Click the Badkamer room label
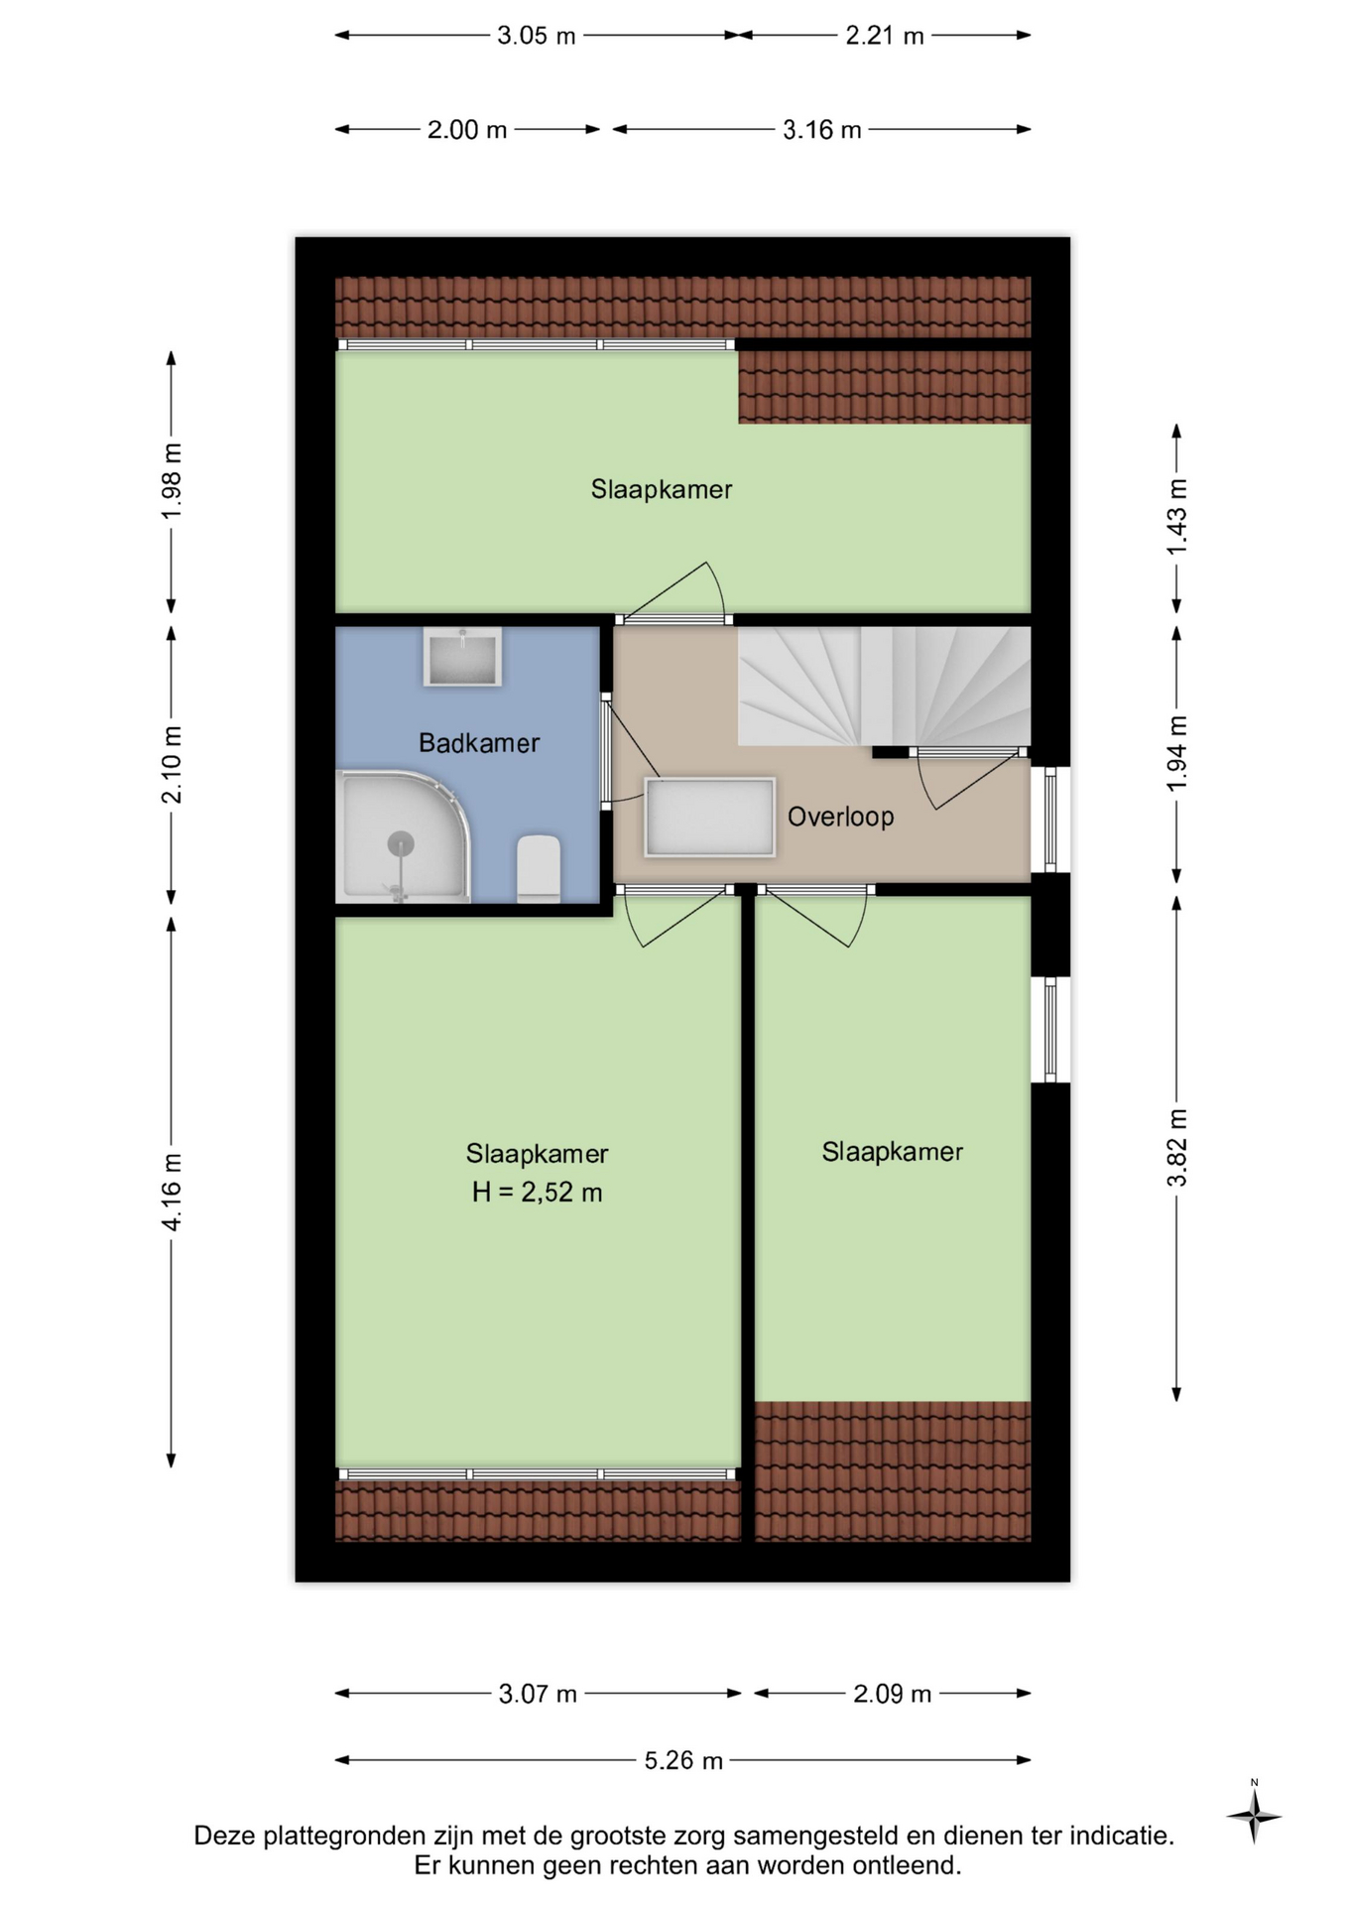478,743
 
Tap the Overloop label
840,817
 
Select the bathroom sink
462,657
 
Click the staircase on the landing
884,686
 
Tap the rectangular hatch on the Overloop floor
709,817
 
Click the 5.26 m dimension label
683,1760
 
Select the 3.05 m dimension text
536,36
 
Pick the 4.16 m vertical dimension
172,1192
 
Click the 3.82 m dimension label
1176,1148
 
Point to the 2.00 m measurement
467,130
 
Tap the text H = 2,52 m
537,1192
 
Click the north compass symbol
1254,1815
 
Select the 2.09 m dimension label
892,1694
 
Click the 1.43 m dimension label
1176,517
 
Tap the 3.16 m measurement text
821,130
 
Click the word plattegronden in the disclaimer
340,1836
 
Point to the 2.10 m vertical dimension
172,765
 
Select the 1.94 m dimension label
1176,753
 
